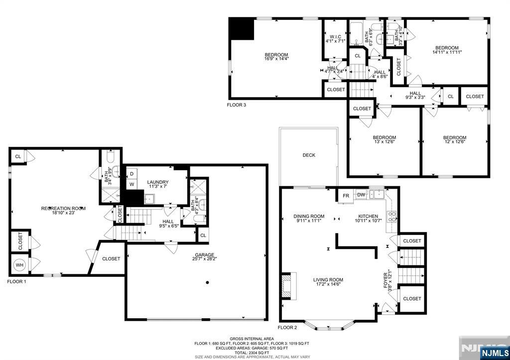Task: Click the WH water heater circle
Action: (x=20, y=265)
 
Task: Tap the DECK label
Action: (x=309, y=155)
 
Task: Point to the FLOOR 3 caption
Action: (x=236, y=105)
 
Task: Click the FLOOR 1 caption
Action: (x=16, y=282)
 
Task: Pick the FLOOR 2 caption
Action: (x=287, y=328)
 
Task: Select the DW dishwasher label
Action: (x=361, y=195)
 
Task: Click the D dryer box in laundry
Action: (x=131, y=173)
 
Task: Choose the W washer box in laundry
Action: (x=131, y=184)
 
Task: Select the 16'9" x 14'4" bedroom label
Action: (x=276, y=57)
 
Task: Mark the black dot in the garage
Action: (x=207, y=282)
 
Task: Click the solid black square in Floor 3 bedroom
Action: (x=242, y=29)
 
